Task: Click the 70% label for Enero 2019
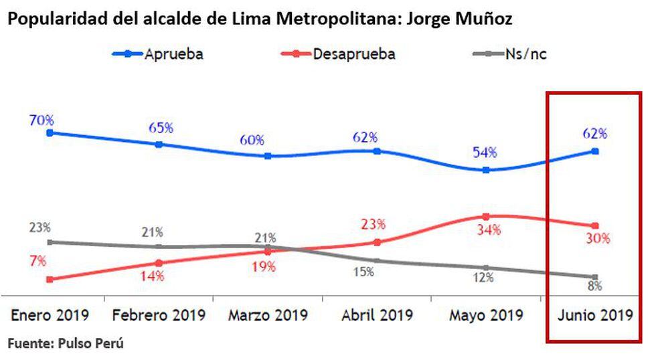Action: (x=42, y=120)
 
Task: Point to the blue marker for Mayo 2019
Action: (x=485, y=170)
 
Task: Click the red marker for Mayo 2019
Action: (x=485, y=216)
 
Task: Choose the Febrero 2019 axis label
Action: (x=159, y=314)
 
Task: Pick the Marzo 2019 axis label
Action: (x=268, y=314)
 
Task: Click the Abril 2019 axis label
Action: (x=377, y=314)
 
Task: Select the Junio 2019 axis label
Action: (x=594, y=314)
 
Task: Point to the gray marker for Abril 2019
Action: (x=377, y=260)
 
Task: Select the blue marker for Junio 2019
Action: (x=595, y=151)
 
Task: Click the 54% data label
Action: (x=484, y=152)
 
